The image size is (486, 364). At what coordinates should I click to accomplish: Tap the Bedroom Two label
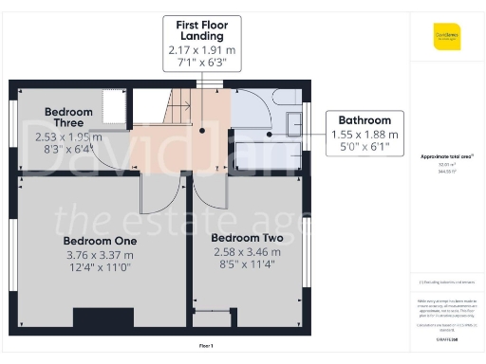(x=246, y=237)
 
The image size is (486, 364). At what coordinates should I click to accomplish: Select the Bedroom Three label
(x=68, y=118)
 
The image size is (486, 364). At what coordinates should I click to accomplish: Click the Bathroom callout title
(x=364, y=121)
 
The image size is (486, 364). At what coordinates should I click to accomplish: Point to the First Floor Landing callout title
(x=201, y=29)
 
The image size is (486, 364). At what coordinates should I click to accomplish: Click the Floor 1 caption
(x=206, y=345)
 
